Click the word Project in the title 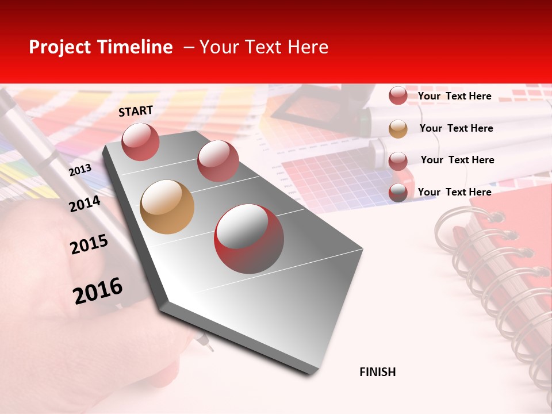coord(59,47)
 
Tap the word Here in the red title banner coord(308,47)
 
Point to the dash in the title coord(189,47)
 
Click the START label coord(136,111)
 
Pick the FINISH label coord(378,372)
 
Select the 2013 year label coord(80,170)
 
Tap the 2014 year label coord(85,204)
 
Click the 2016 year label coord(98,290)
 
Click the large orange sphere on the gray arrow coord(167,207)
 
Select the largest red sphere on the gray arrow coord(249,239)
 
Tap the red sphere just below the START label coord(140,141)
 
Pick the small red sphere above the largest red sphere coord(218,161)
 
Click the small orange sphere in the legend coord(398,129)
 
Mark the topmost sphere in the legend coord(398,96)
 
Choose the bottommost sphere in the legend coord(398,193)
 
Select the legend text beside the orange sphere coord(456,128)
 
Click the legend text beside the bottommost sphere coord(454,192)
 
